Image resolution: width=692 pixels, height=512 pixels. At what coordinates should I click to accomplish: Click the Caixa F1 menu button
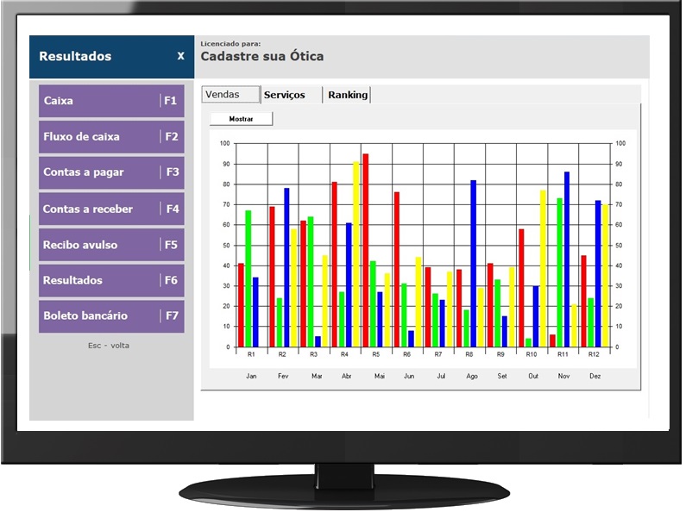tap(110, 101)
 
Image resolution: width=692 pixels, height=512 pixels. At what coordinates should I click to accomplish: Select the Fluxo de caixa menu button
tap(110, 137)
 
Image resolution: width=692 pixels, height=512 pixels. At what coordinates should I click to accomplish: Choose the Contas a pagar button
tap(110, 172)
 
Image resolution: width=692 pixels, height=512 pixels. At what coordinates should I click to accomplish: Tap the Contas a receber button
tap(110, 209)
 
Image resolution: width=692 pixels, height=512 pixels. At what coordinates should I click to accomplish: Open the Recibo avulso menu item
tap(110, 245)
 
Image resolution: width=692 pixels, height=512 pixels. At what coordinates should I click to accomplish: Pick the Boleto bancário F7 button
tap(110, 316)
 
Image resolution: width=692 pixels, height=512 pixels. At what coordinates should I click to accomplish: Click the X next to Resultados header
tap(180, 56)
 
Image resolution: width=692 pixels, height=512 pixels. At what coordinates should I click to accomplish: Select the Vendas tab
tap(230, 95)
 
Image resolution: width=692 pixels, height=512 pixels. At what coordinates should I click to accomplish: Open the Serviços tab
tap(285, 95)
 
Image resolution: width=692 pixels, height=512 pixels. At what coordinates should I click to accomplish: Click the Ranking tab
tap(348, 95)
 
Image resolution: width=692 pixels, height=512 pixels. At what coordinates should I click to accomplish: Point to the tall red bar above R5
tap(366, 250)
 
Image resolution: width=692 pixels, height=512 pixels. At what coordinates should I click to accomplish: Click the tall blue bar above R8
tap(473, 263)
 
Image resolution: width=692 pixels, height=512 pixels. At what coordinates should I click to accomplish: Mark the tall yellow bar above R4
tap(355, 254)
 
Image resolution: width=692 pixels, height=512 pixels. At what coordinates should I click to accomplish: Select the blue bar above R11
tap(567, 259)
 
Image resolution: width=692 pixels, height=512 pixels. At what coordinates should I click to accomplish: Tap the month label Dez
tap(595, 377)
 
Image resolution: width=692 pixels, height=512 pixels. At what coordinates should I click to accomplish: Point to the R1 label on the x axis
tap(251, 355)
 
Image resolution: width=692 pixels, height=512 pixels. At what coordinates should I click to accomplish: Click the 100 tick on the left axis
tap(224, 144)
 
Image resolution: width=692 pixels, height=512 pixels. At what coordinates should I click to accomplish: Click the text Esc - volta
tap(109, 346)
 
